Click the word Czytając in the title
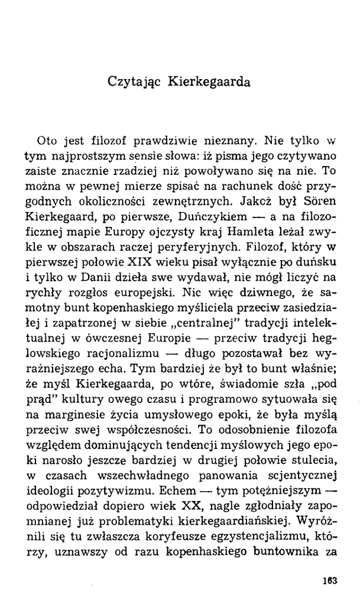tap(131, 81)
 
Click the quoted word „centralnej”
tap(190, 327)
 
